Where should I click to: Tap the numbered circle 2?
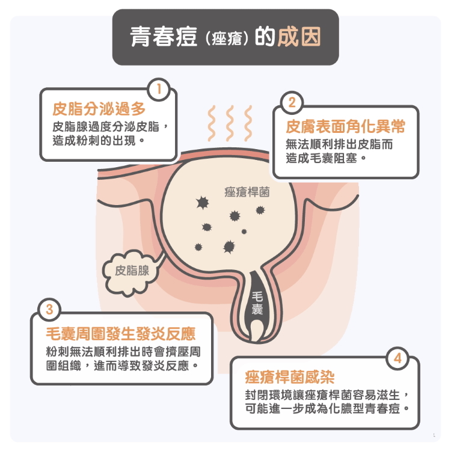pyautogui.click(x=292, y=102)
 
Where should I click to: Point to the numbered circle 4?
pyautogui.click(x=397, y=359)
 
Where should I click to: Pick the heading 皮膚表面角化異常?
pyautogui.click(x=345, y=127)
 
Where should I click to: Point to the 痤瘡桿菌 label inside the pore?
pyautogui.click(x=247, y=192)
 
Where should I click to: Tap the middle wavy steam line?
pyautogui.click(x=229, y=123)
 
